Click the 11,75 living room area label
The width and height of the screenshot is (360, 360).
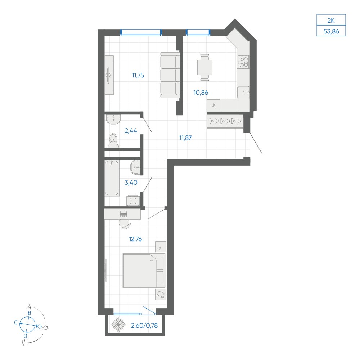tap(138, 75)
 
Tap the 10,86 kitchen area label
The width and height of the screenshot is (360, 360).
tap(201, 93)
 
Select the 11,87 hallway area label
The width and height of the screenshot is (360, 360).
tap(185, 138)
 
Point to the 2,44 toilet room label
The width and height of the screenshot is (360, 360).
tap(131, 131)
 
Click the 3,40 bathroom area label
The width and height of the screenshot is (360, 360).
tap(131, 183)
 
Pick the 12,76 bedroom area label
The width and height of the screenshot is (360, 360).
tap(135, 239)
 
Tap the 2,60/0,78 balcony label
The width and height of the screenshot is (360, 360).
tap(144, 325)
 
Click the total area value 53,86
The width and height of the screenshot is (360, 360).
tap(331, 31)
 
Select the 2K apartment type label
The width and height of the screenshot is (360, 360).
tap(331, 21)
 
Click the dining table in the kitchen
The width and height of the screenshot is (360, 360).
tap(204, 67)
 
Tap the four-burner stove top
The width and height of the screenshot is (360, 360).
tap(243, 62)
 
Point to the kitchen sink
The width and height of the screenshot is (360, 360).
tap(243, 92)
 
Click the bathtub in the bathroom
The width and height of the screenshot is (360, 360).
tap(112, 178)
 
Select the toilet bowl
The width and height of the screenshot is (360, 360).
tap(113, 140)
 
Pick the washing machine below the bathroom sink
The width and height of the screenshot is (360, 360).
tap(133, 201)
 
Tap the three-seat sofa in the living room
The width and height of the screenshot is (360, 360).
tap(170, 75)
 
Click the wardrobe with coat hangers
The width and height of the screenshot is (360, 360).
tap(225, 121)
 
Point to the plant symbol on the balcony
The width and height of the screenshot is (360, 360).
tap(118, 324)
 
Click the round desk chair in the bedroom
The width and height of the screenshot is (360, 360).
tap(125, 224)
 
